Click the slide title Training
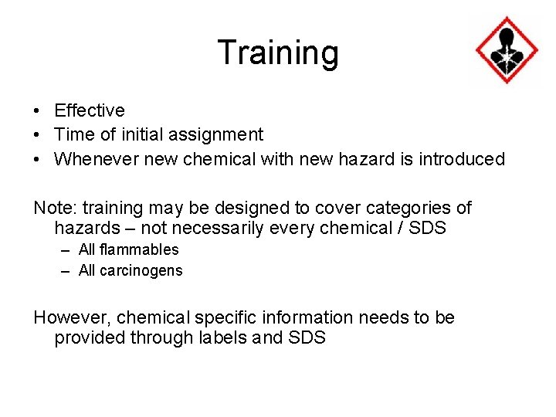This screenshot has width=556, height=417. click(278, 53)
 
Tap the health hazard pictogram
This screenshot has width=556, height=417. click(507, 50)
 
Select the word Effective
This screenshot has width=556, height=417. click(90, 111)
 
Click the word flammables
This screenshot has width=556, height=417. click(139, 249)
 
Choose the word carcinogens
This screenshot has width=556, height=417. click(141, 270)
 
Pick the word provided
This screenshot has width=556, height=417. click(86, 338)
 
